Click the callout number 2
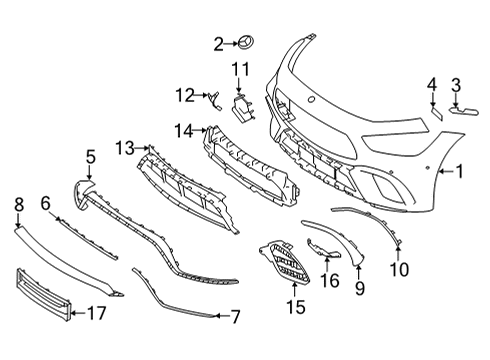point(218,44)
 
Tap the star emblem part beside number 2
point(245,43)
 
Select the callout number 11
point(240,69)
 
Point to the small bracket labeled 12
point(215,100)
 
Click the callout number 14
point(184,131)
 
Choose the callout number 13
point(124,148)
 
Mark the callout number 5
point(91,157)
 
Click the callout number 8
point(19,204)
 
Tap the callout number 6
point(46,203)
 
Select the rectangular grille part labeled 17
point(43,294)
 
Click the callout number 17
point(97,313)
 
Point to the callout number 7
point(235,317)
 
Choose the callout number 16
point(330,280)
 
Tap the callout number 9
point(360,288)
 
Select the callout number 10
point(399,269)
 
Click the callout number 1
point(460,171)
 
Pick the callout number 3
point(456,85)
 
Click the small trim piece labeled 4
point(437,113)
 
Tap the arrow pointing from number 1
point(446,171)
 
